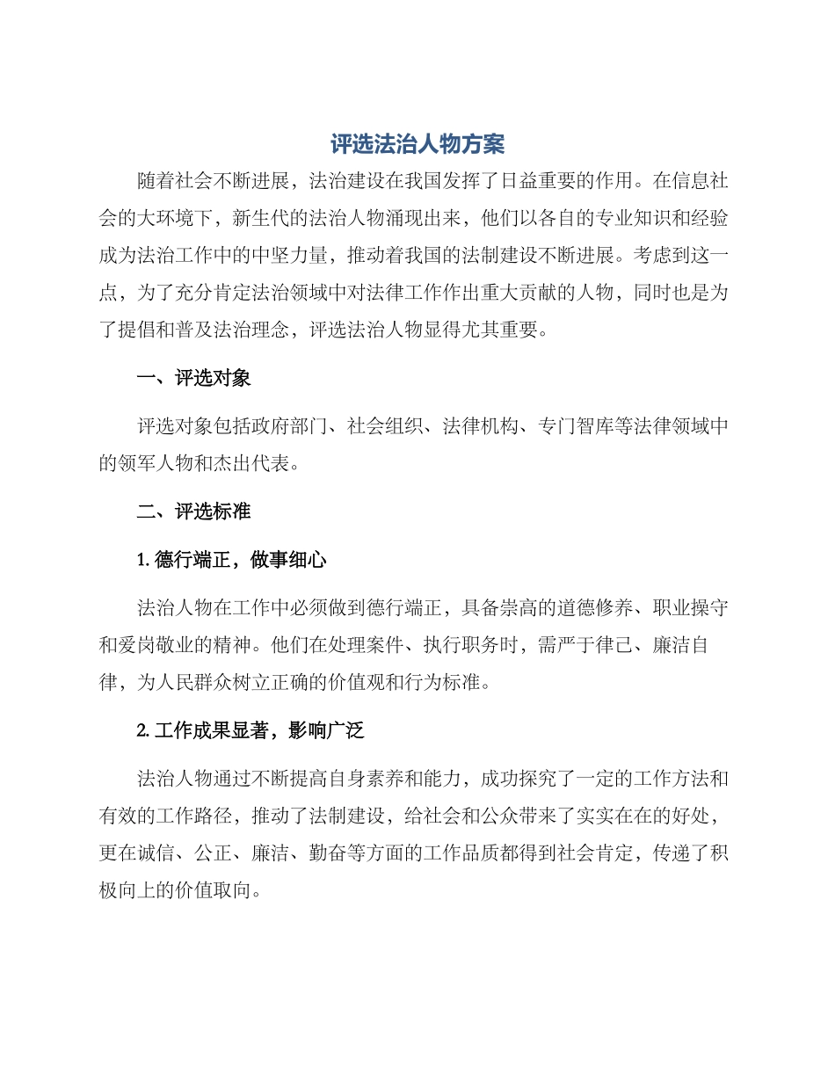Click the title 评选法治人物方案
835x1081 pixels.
click(417, 144)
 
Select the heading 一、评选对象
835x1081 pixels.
click(193, 379)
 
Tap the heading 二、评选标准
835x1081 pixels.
click(193, 511)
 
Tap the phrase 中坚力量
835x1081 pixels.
click(309, 256)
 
